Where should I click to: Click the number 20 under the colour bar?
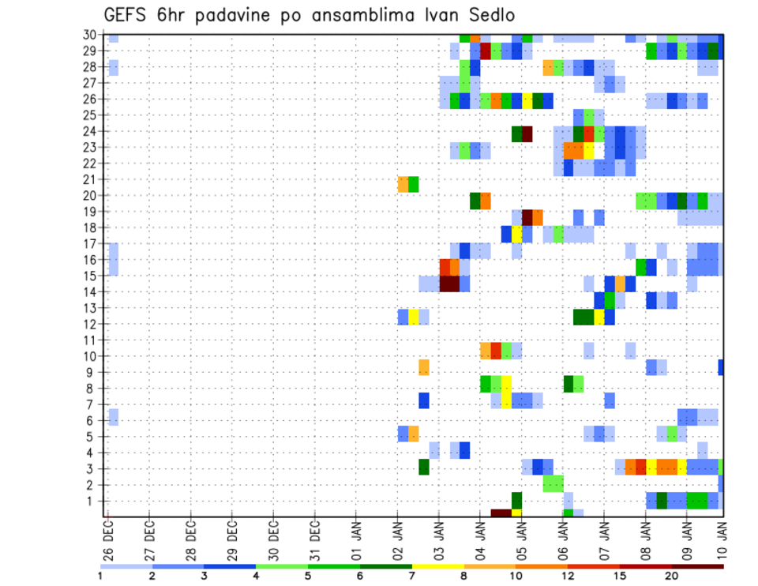pyautogui.click(x=672, y=576)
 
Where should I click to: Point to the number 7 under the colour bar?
pyautogui.click(x=412, y=576)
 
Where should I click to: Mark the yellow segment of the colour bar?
pyautogui.click(x=437, y=566)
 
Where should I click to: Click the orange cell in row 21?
pyautogui.click(x=403, y=184)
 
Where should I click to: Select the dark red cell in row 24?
pyautogui.click(x=527, y=133)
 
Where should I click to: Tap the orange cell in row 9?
pyautogui.click(x=424, y=367)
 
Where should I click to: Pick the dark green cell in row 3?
pyautogui.click(x=424, y=467)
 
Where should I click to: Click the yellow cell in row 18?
pyautogui.click(x=516, y=235)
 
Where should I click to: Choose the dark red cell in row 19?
pyautogui.click(x=527, y=216)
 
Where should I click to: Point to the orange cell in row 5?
pyautogui.click(x=414, y=434)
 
